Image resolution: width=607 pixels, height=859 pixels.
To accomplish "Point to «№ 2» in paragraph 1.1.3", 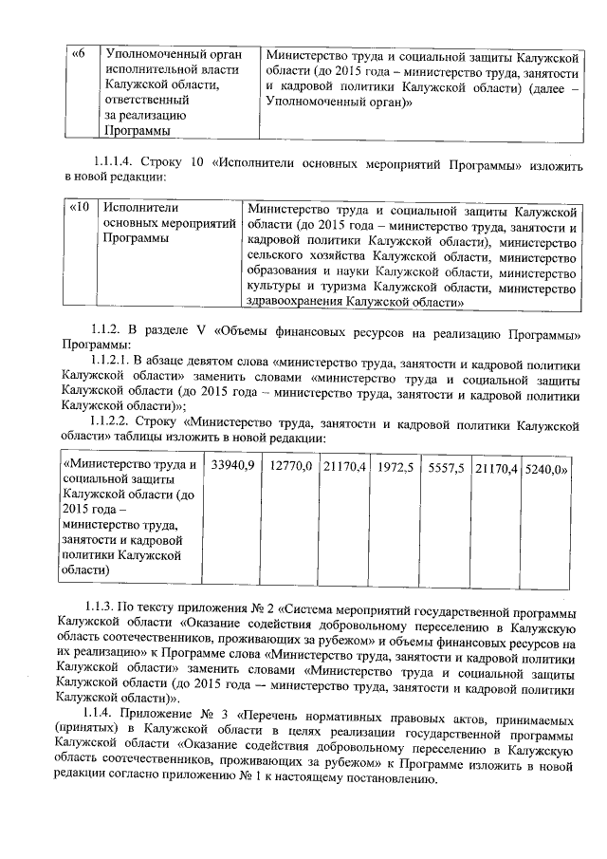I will [236, 606].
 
